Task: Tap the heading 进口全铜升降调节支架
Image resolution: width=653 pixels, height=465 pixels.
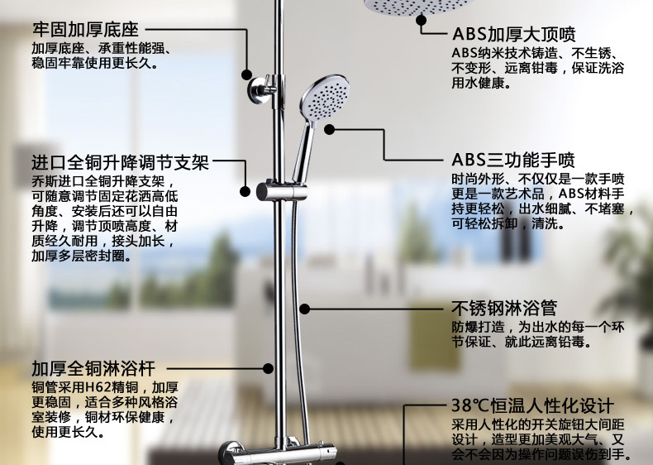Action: pyautogui.click(x=121, y=162)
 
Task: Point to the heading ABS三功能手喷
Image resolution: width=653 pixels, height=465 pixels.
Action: pyautogui.click(x=513, y=160)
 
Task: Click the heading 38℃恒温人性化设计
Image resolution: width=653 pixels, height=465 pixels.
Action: pyautogui.click(x=532, y=406)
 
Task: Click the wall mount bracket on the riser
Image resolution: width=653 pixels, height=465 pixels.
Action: pyautogui.click(x=264, y=85)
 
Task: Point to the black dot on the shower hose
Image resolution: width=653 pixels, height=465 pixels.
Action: pyautogui.click(x=304, y=309)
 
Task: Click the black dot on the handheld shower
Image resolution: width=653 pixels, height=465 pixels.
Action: pyautogui.click(x=329, y=128)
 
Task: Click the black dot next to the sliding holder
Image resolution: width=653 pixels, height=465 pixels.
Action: pyautogui.click(x=245, y=191)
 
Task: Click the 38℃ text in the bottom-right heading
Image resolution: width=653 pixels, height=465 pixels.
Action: pyautogui.click(x=466, y=406)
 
